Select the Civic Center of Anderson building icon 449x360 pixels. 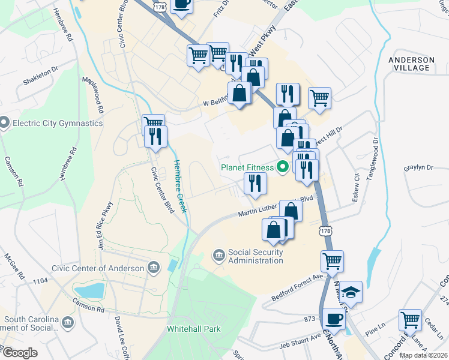pos(153,268)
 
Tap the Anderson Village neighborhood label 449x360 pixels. pos(411,64)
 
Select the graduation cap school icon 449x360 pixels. pos(351,292)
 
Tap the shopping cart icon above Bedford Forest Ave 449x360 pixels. pos(331,260)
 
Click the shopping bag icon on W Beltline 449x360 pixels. pos(240,93)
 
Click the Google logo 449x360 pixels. pos(19,353)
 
